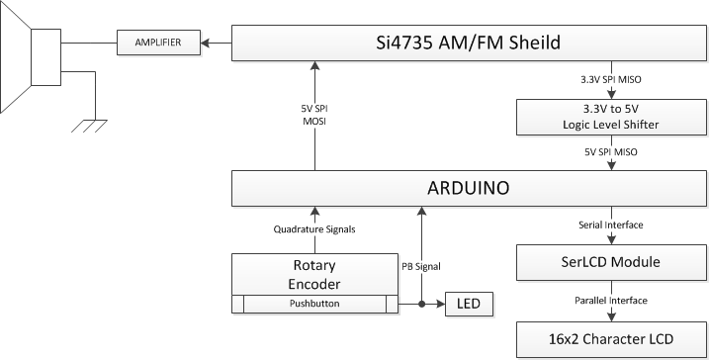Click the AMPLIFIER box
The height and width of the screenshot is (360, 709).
point(158,42)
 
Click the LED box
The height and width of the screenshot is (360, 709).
point(469,304)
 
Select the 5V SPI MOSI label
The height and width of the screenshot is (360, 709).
point(314,114)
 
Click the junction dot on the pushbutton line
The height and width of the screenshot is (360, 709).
point(421,304)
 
